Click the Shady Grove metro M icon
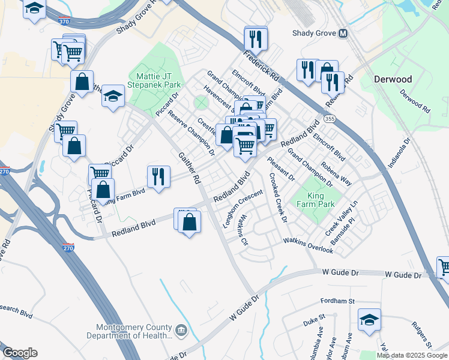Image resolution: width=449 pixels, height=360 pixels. [343, 34]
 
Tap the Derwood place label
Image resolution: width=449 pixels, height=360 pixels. [393, 79]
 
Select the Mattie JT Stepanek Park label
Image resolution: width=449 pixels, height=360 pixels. [154, 82]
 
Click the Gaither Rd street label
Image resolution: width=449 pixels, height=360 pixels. [189, 167]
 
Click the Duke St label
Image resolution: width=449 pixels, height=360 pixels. [313, 319]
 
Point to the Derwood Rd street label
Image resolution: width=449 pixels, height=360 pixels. [415, 102]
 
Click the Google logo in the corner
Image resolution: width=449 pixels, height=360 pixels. [20, 352]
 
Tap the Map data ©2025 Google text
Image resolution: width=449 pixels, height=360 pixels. [412, 355]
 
